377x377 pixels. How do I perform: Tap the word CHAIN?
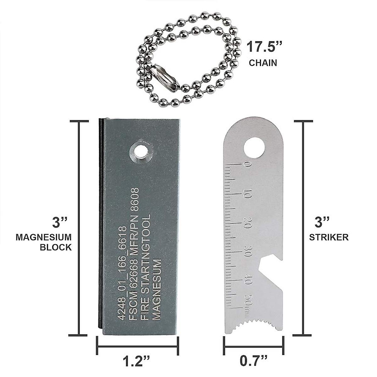pos(263,63)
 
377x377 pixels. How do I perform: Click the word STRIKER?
pos(329,237)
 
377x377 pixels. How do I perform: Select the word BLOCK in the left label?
pos(56,247)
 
